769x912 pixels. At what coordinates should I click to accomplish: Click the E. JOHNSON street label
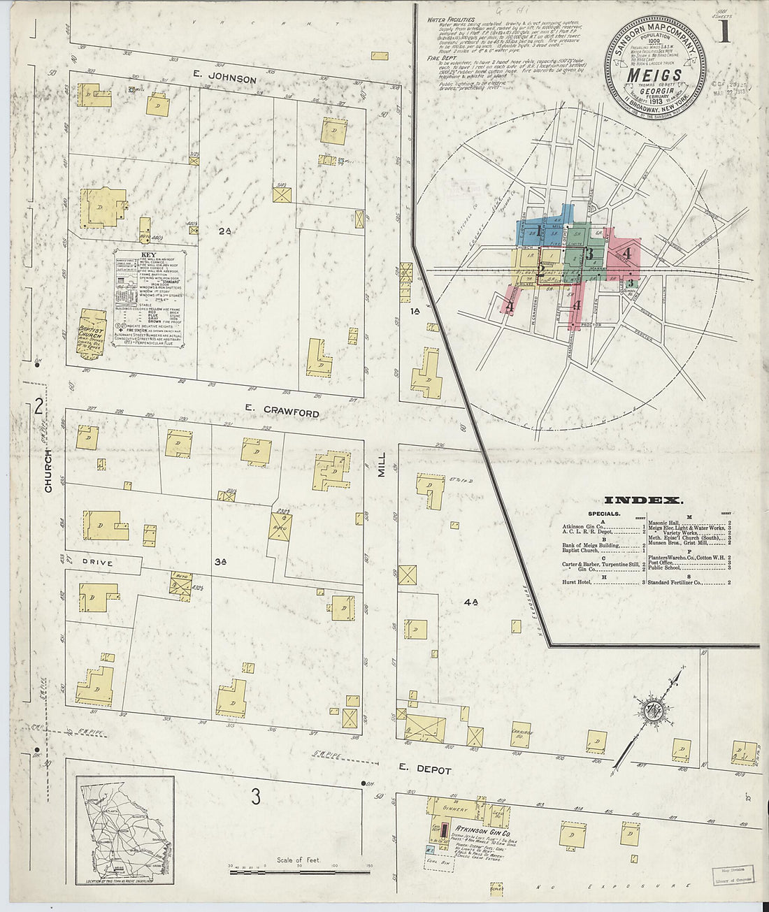(x=226, y=79)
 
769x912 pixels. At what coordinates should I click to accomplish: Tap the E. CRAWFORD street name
(x=282, y=413)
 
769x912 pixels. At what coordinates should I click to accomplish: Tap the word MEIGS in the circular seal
(x=654, y=75)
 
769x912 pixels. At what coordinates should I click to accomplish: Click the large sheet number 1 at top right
(x=722, y=33)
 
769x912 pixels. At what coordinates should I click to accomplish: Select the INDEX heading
(x=642, y=500)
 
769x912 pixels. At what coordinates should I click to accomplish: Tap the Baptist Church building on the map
(x=92, y=333)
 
